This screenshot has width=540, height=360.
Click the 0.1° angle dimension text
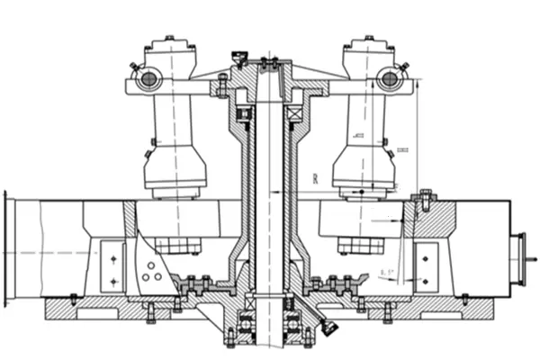click(x=387, y=271)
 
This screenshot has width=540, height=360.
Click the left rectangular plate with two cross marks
click(x=112, y=267)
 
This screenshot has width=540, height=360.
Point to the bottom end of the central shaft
click(x=268, y=346)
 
